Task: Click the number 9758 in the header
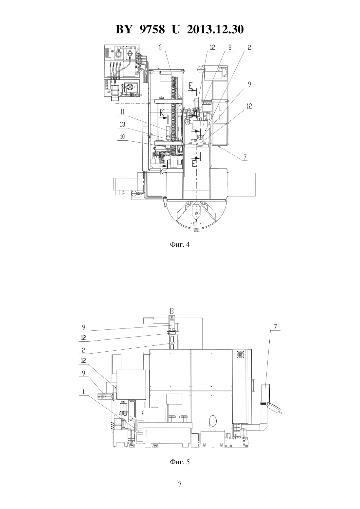152,29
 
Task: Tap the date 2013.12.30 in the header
215,29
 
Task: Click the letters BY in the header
124,29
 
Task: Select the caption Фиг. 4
180,244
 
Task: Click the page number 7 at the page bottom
180,484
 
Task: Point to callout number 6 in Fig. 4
160,47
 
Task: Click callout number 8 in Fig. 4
230,47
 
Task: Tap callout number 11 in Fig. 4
122,112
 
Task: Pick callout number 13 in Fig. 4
122,124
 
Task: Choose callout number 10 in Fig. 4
122,136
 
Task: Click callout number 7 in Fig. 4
245,157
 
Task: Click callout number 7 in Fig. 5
276,327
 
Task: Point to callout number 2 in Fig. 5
83,357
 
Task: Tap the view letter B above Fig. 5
172,311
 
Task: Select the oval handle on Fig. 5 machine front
212,421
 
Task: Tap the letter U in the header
175,29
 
